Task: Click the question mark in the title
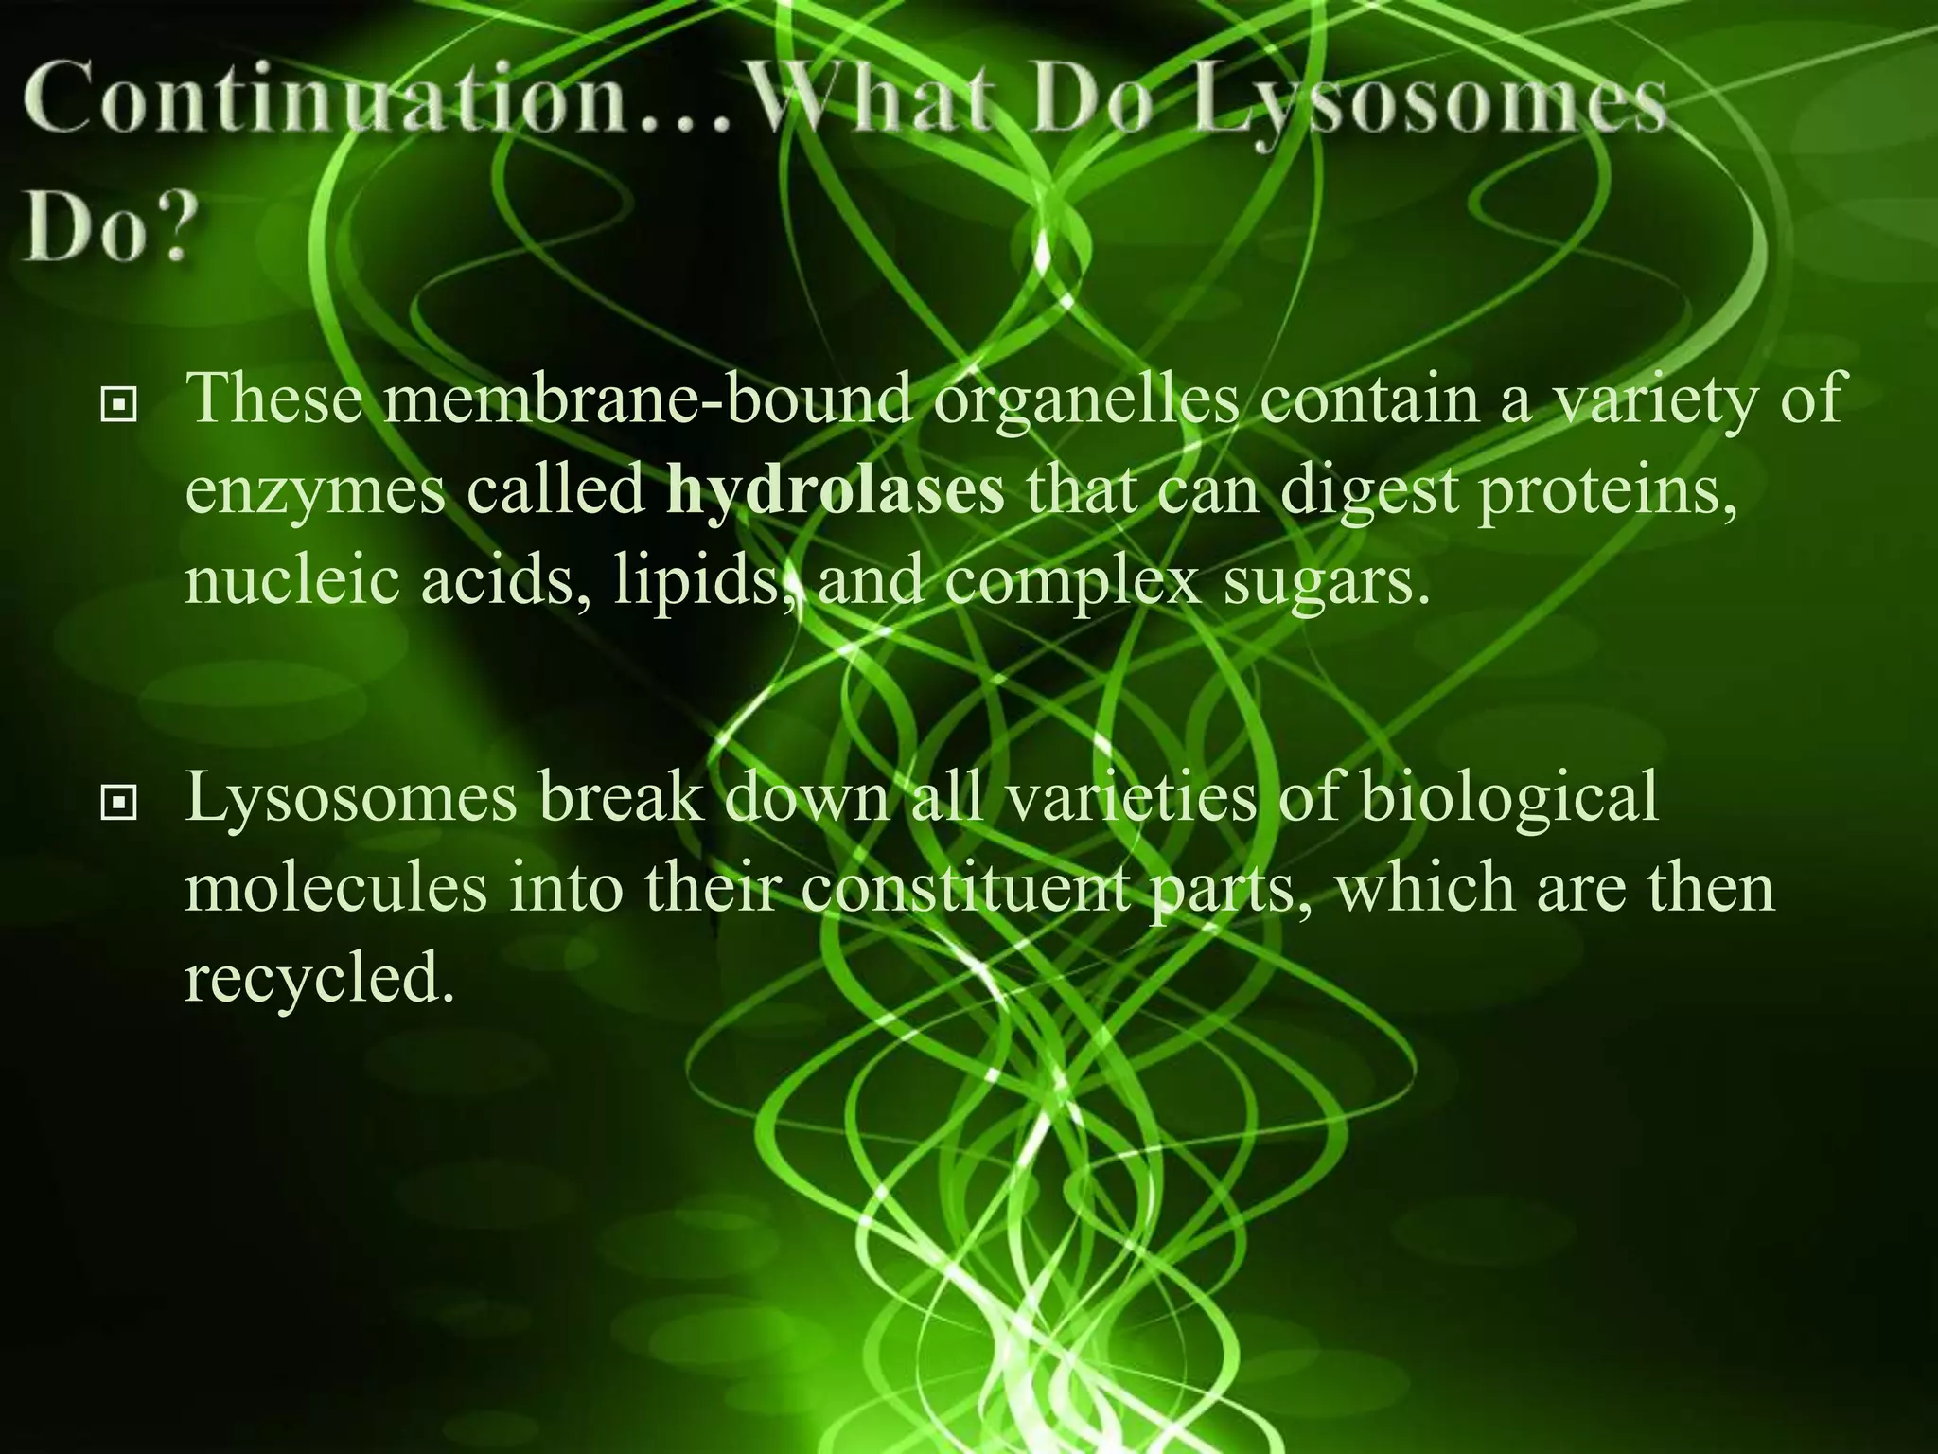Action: tap(170, 233)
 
